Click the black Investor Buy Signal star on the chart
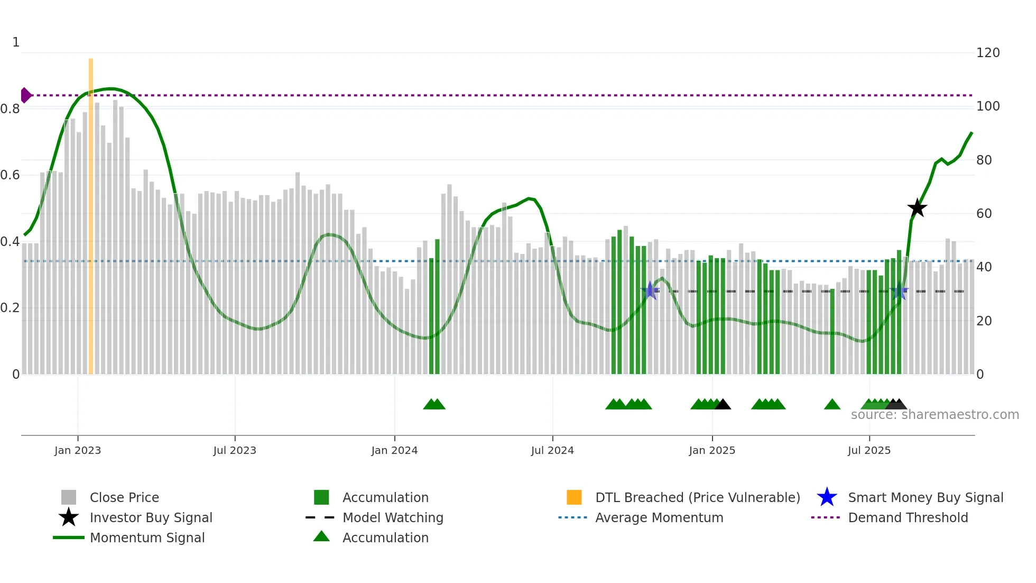click(x=917, y=208)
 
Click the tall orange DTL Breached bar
click(x=91, y=212)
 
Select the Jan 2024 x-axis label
click(x=394, y=450)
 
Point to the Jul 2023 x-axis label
click(x=235, y=450)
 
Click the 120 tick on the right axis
click(x=987, y=53)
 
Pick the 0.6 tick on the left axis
click(x=10, y=175)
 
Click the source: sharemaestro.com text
click(x=935, y=415)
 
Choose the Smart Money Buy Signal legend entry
click(x=925, y=497)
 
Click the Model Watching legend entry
click(x=393, y=517)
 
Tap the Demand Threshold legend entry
click(x=908, y=517)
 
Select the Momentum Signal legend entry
click(x=147, y=538)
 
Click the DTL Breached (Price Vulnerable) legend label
click(x=697, y=497)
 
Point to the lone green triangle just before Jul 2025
click(x=832, y=405)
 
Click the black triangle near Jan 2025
click(x=723, y=405)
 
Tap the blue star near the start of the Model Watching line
click(x=650, y=290)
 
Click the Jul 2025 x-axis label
click(x=869, y=450)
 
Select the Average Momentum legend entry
click(x=659, y=517)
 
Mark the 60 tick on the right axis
click(x=984, y=214)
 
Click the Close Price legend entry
click(x=124, y=497)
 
